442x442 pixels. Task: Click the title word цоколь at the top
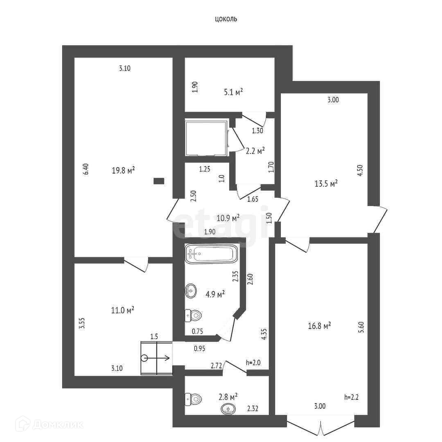pos(226,19)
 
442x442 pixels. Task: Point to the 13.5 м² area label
pos(326,184)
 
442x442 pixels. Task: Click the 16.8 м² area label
pos(319,326)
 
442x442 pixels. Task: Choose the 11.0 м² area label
pos(123,311)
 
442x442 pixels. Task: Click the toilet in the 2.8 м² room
pos(193,399)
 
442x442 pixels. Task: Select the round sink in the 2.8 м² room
pos(228,408)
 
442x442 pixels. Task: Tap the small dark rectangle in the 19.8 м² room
pos(159,180)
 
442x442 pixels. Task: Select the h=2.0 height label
pos(253,362)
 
